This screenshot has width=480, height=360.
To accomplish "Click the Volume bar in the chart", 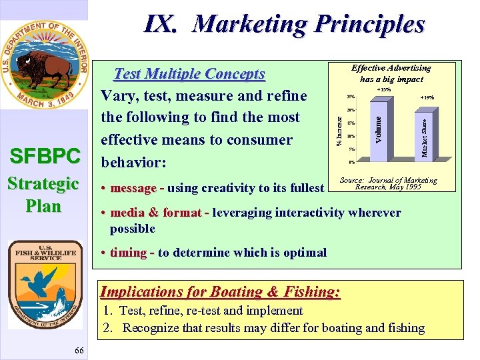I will point(378,127).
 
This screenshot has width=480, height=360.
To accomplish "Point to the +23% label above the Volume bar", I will point(384,89).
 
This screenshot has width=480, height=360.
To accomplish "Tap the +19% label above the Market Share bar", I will point(427,97).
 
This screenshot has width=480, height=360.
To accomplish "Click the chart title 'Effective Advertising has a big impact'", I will point(391,73).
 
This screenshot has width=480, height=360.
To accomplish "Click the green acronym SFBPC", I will point(44,157).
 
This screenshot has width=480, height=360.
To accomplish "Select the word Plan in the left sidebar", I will point(43,205).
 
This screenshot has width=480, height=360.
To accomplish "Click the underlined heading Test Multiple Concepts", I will point(190,74).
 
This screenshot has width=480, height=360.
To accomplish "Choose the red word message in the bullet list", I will point(133,188).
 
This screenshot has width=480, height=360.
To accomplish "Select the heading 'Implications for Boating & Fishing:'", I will point(220,291).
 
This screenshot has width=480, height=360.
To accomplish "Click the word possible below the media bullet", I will point(133,228).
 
